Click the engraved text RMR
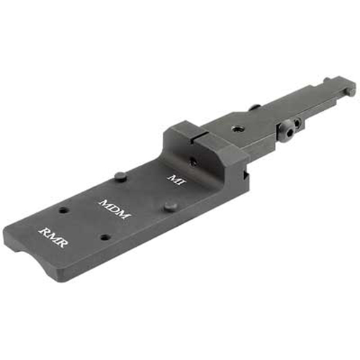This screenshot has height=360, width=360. [53, 237]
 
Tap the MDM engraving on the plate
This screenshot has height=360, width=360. [114, 209]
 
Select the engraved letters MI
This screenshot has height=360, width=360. [177, 180]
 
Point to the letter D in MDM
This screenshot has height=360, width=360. [114, 209]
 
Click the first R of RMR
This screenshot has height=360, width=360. [45, 232]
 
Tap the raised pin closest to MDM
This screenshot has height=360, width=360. [171, 207]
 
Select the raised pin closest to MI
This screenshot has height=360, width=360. [121, 176]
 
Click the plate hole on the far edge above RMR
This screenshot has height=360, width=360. [64, 210]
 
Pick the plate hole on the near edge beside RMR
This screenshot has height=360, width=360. [106, 238]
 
